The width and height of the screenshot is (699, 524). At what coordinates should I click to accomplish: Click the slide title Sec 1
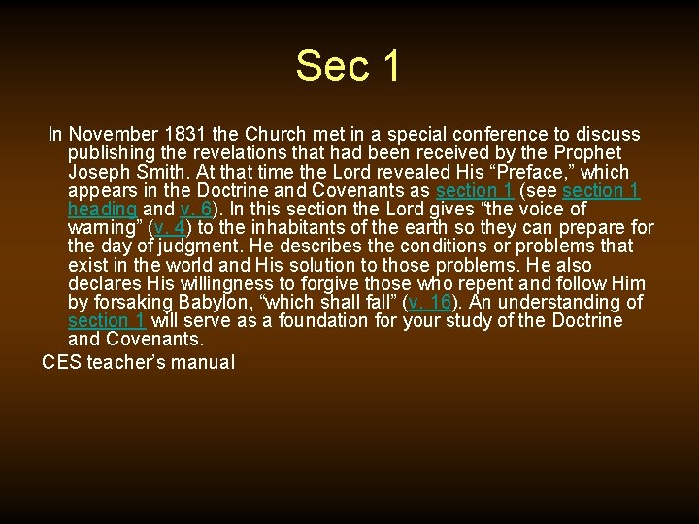click(x=349, y=66)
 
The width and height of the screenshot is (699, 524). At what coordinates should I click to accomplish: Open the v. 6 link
click(x=196, y=209)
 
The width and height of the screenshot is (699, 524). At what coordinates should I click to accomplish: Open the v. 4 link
click(x=170, y=228)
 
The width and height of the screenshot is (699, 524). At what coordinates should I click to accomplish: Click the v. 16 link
click(x=430, y=302)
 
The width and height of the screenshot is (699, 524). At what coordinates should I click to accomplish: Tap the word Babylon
click(x=224, y=302)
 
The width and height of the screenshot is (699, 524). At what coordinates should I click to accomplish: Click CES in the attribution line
click(x=62, y=362)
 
